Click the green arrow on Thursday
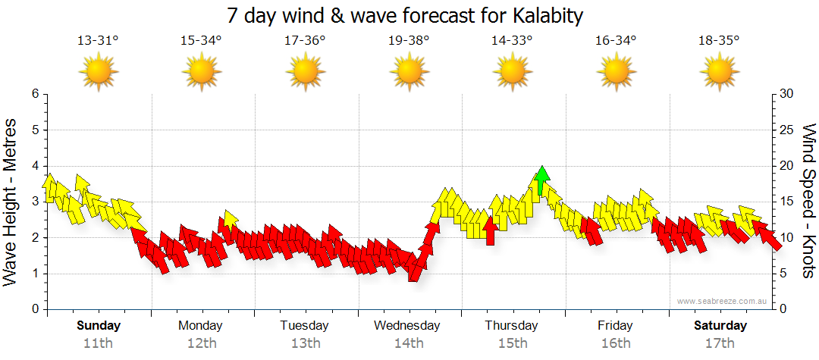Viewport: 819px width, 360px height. pyautogui.click(x=541, y=181)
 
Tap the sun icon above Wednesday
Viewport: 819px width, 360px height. pyautogui.click(x=409, y=73)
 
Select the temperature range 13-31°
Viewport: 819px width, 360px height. pyautogui.click(x=98, y=41)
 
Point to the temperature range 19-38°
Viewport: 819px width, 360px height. pyautogui.click(x=409, y=41)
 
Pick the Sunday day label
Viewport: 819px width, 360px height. pyautogui.click(x=99, y=326)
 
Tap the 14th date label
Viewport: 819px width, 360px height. pyautogui.click(x=409, y=343)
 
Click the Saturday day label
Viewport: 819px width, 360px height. pyautogui.click(x=720, y=326)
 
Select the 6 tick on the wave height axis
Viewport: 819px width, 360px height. pyautogui.click(x=34, y=94)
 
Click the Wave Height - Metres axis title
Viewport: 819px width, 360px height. pyautogui.click(x=11, y=202)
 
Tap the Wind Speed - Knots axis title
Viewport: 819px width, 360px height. pyautogui.click(x=808, y=202)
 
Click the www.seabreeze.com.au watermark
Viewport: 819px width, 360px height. pyautogui.click(x=723, y=302)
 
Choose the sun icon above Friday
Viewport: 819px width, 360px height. pyautogui.click(x=616, y=73)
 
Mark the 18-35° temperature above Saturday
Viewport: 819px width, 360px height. pyautogui.click(x=719, y=41)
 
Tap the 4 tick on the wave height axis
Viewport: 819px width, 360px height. pyautogui.click(x=34, y=166)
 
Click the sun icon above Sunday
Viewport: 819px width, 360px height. pyautogui.click(x=98, y=73)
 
